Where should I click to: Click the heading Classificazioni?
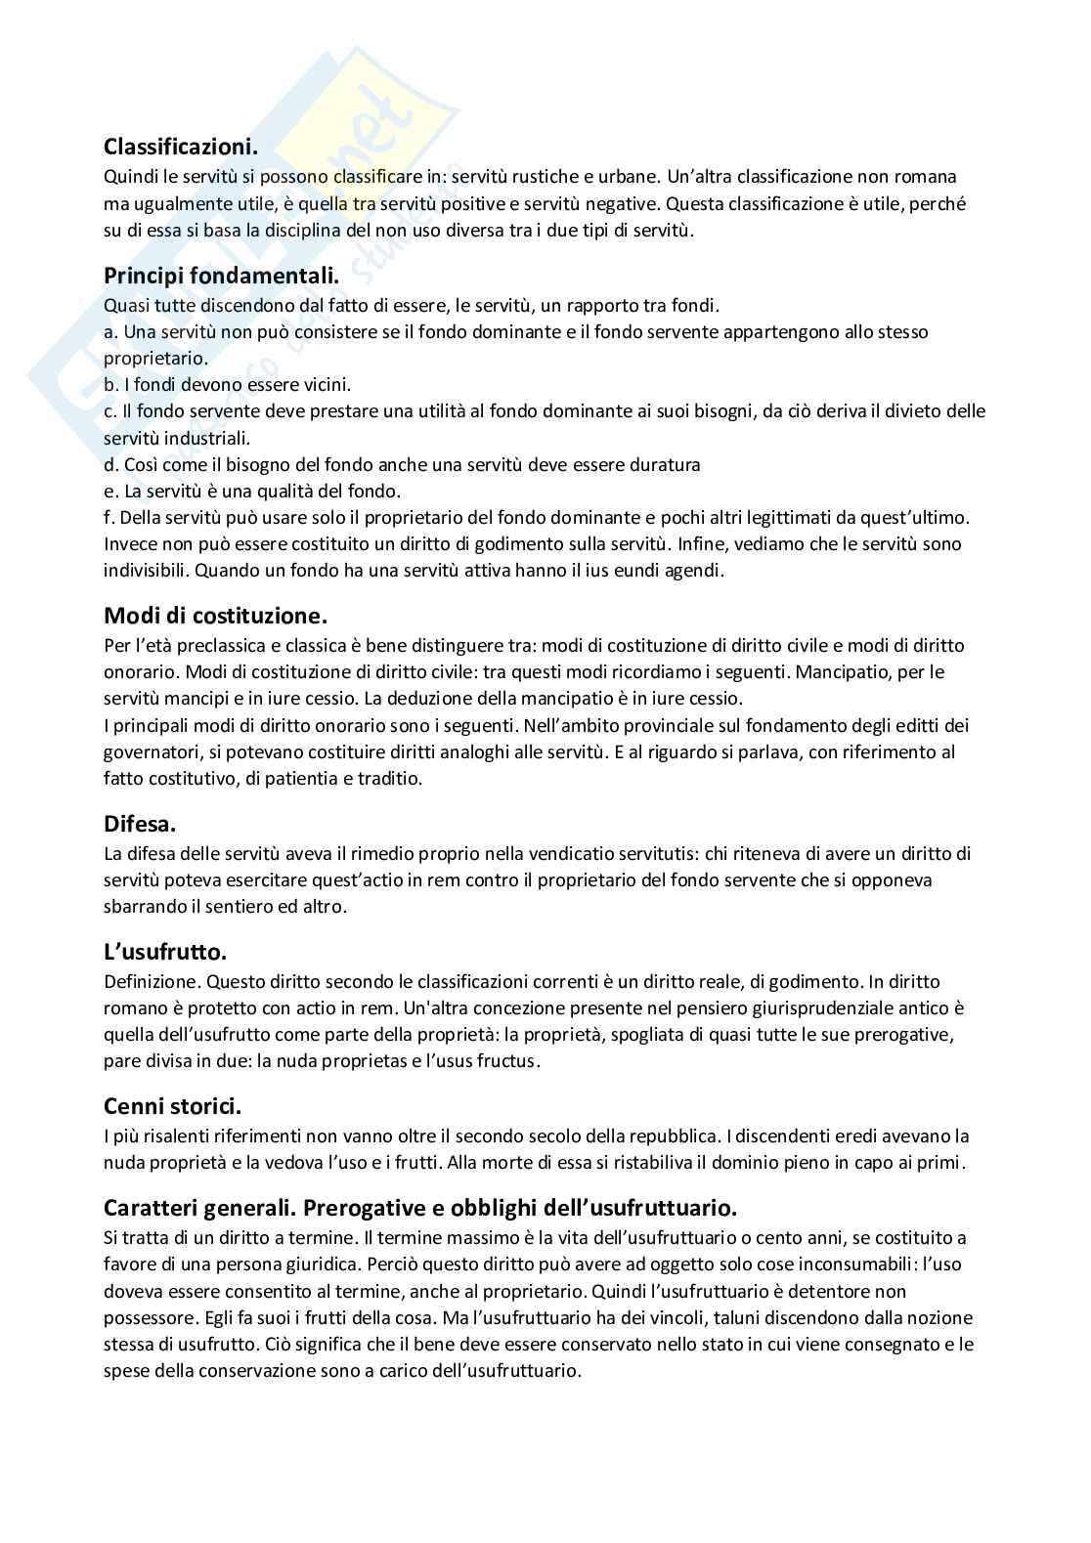[x=181, y=148]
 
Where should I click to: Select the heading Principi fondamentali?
[x=221, y=277]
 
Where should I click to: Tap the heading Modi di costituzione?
[x=215, y=617]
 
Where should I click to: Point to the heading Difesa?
[x=140, y=825]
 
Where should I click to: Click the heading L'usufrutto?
[x=165, y=952]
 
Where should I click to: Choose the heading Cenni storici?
[x=172, y=1106]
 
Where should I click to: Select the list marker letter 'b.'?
[x=110, y=385]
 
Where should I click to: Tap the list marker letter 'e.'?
[x=110, y=491]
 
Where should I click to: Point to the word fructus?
[x=507, y=1060]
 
